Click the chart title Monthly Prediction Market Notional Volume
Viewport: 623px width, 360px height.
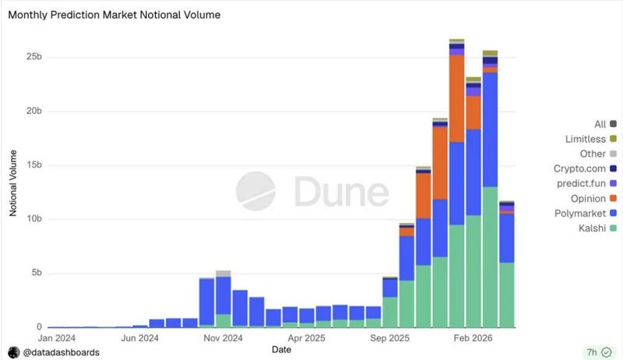click(114, 14)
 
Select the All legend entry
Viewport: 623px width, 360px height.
click(600, 124)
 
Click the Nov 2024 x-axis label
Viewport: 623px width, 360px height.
click(223, 339)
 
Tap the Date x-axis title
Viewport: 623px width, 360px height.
click(282, 351)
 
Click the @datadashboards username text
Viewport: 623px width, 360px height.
click(61, 352)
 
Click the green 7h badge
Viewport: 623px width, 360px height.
click(596, 351)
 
